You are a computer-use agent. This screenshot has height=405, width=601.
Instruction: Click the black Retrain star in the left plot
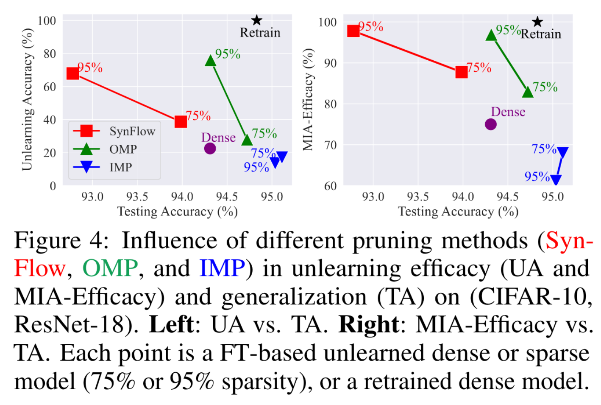[x=256, y=20]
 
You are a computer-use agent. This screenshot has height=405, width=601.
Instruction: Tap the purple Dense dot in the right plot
[x=490, y=124]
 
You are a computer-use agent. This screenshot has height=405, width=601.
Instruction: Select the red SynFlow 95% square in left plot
[x=73, y=73]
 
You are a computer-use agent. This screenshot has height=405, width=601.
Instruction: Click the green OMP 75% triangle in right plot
[x=527, y=92]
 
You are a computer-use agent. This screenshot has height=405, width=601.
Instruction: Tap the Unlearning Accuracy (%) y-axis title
[x=27, y=100]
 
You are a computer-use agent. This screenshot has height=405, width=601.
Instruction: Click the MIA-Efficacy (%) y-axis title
[x=308, y=100]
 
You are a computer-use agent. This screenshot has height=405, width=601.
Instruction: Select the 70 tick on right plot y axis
[x=330, y=145]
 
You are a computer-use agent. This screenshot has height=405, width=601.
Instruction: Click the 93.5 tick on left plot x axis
[x=137, y=197]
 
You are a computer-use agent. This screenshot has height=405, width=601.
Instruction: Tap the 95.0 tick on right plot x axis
[x=552, y=197]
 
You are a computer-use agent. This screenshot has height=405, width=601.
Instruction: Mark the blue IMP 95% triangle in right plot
[x=555, y=180]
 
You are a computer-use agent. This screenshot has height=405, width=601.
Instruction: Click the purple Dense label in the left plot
[x=218, y=138]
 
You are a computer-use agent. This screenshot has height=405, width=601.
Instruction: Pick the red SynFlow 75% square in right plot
[x=462, y=72]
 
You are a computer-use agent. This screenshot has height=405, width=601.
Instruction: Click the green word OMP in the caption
[x=110, y=268]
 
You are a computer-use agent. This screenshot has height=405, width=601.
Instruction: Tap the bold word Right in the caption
[x=368, y=325]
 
